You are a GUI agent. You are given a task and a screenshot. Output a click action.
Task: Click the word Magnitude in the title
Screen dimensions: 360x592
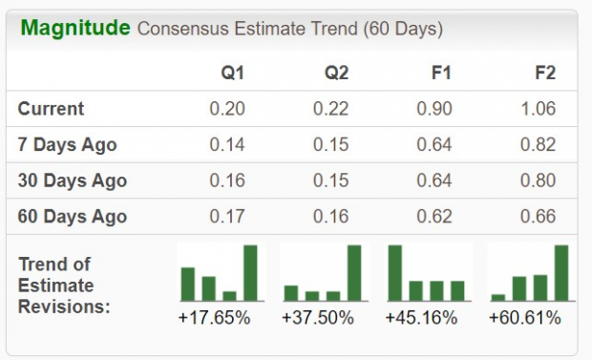coord(75,28)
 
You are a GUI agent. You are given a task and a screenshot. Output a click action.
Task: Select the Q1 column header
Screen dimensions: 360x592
coord(232,73)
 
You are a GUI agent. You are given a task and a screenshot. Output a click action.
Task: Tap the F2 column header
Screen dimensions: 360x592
coord(544,73)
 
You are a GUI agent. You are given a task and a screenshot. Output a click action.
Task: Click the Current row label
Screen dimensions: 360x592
coord(51,109)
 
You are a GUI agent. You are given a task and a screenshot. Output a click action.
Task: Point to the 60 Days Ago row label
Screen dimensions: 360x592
coord(71,217)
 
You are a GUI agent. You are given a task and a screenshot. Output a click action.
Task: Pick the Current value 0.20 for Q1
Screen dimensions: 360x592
coord(227,109)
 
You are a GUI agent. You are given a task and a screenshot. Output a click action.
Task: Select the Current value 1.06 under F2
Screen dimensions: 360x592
coord(539,109)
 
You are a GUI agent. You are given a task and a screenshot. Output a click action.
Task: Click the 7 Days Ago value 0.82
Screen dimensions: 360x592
coord(539,145)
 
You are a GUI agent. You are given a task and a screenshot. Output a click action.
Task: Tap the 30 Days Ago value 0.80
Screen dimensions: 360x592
coord(539,180)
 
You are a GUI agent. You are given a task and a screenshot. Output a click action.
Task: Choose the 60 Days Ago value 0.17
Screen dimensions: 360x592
coord(227,217)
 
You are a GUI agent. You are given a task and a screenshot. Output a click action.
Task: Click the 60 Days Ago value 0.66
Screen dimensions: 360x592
coord(539,217)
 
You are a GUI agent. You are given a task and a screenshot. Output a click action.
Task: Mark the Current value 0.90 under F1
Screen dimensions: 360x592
coord(434,109)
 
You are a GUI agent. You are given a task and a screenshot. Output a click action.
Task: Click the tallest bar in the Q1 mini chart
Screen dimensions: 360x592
coord(250,272)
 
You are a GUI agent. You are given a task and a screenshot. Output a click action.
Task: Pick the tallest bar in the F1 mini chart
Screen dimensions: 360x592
coord(394,272)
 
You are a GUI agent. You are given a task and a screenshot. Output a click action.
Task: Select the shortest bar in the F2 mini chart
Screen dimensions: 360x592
coord(498,296)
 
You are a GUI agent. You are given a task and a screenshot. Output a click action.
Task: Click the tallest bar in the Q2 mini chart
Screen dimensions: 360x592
coord(354,272)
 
